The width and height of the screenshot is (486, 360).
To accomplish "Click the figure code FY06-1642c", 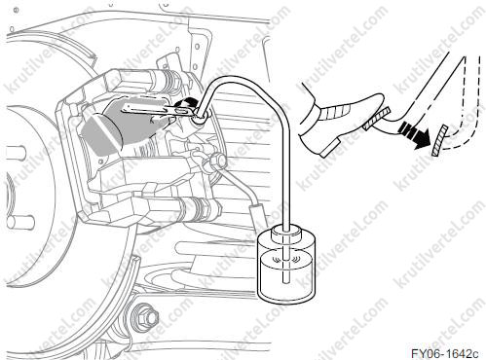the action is (444, 353).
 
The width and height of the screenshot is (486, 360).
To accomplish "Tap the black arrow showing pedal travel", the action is (414, 134).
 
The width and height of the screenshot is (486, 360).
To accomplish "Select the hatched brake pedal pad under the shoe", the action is (376, 118).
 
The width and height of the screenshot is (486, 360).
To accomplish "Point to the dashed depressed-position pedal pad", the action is (439, 140).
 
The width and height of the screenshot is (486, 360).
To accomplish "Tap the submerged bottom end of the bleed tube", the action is (285, 280).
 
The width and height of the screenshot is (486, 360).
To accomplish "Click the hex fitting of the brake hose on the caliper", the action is (217, 161).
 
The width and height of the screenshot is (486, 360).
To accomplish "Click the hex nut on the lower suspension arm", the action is (149, 316).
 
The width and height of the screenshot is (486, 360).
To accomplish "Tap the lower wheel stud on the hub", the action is (20, 222).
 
